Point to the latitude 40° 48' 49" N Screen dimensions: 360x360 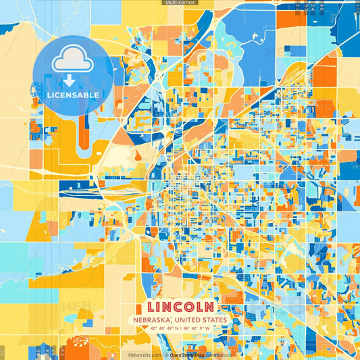(160, 328)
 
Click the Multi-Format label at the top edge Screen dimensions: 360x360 (179, 3)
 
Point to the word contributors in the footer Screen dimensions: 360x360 (217, 355)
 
